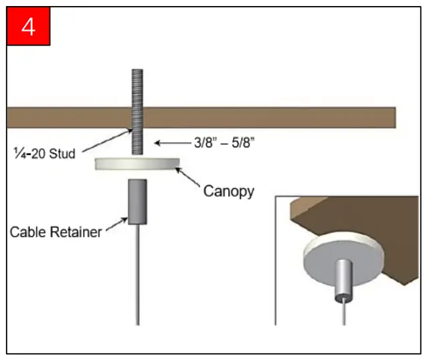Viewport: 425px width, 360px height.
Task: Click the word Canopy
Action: [x=228, y=191]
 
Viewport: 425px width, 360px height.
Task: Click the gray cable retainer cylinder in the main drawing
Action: [x=137, y=201]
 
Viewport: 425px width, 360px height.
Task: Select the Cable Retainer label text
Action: [x=56, y=232]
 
